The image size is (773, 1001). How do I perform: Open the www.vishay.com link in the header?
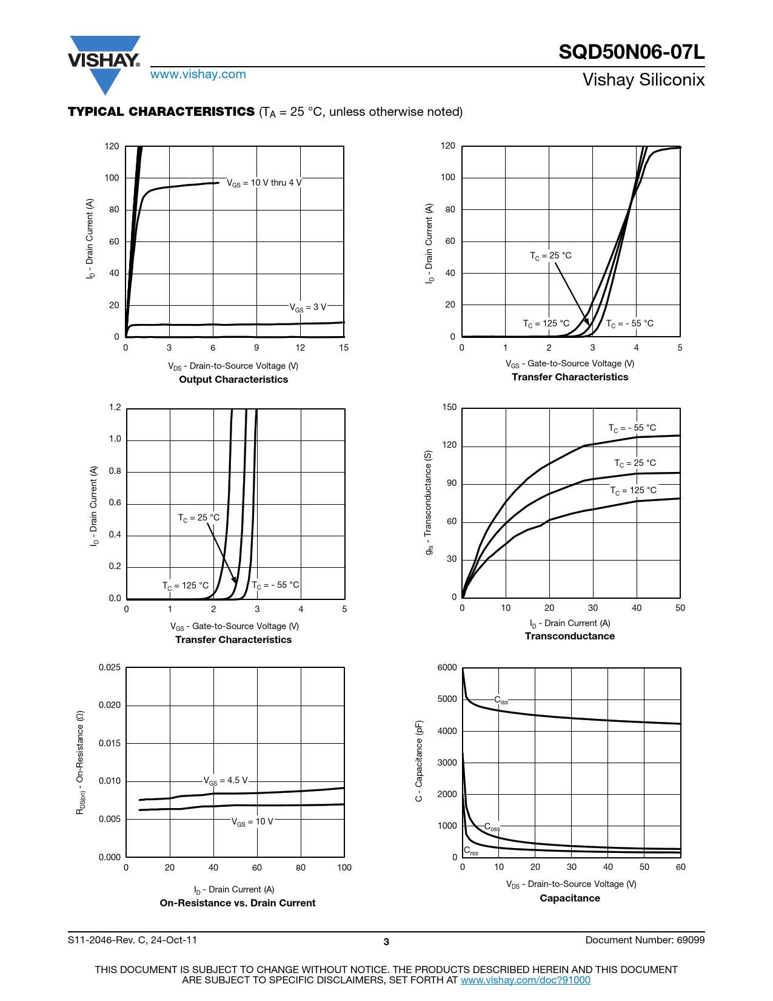(198, 75)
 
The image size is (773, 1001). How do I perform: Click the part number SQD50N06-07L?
(631, 52)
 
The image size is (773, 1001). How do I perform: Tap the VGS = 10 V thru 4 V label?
(264, 183)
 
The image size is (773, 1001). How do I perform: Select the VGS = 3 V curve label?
(308, 308)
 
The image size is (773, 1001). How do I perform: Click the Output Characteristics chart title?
(233, 380)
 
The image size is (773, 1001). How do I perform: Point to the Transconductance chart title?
(569, 636)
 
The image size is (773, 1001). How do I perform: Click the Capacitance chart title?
(569, 898)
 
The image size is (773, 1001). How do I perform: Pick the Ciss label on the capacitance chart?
(501, 701)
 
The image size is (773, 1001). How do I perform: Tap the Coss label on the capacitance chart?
(492, 827)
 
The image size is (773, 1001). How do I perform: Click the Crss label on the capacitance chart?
(471, 851)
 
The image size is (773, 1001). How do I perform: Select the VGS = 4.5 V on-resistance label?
(226, 781)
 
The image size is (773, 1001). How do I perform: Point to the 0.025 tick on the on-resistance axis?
(110, 668)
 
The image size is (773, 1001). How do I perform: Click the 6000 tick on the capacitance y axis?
(447, 668)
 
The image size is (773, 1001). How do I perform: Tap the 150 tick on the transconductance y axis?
(450, 408)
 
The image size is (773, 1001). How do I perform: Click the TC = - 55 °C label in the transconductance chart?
(632, 428)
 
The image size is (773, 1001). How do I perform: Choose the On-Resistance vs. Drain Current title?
(238, 903)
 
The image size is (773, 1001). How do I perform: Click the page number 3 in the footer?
(386, 942)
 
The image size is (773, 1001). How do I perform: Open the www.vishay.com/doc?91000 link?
(525, 980)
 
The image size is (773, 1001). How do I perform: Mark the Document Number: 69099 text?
(644, 940)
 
